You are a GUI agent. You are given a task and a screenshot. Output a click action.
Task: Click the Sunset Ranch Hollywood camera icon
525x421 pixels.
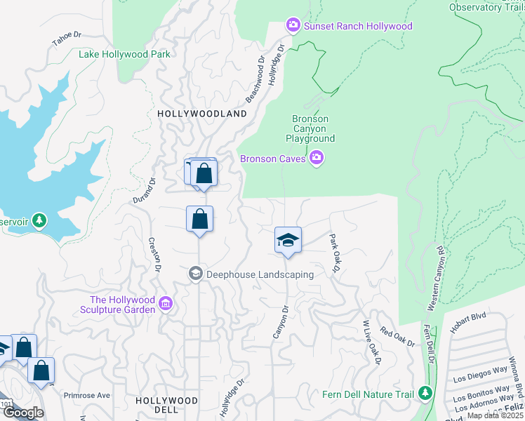293,26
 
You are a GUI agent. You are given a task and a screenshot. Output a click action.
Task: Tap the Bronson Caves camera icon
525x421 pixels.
317,158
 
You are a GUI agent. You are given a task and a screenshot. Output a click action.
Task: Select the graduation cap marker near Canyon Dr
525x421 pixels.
288,241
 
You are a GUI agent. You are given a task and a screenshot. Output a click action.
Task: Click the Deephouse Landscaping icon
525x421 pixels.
195,274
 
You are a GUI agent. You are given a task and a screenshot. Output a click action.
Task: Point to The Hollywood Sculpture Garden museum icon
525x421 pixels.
166,303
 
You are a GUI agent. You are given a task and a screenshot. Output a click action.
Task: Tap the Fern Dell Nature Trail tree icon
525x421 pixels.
424,394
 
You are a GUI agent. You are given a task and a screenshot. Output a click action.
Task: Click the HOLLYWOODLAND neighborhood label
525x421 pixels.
202,114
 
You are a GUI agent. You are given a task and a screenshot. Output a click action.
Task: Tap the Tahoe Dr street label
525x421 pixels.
67,39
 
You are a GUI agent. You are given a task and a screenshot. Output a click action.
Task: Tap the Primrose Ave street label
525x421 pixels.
87,395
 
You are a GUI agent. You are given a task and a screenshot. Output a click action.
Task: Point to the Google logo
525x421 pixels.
23,413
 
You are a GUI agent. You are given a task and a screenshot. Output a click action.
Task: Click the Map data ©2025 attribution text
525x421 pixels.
496,415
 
